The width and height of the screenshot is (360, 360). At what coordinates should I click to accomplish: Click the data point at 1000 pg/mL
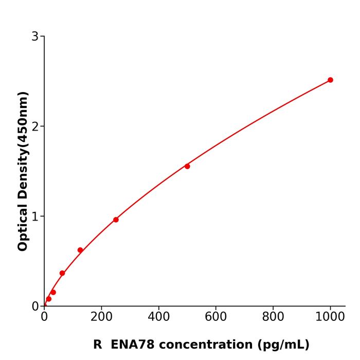point(330,80)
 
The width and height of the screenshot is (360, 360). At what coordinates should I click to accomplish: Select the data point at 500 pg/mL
point(187,166)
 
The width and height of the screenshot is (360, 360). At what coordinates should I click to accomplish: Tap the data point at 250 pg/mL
point(116,220)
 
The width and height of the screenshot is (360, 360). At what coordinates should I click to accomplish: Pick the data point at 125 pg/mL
point(80,250)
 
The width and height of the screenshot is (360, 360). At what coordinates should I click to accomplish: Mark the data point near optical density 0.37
point(62,273)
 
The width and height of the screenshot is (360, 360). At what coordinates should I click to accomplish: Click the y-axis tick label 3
point(35,37)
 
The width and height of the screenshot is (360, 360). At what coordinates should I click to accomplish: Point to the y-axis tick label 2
point(35,127)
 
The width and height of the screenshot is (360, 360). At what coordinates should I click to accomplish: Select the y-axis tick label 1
point(35,217)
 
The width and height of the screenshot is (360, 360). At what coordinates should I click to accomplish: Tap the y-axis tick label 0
point(35,307)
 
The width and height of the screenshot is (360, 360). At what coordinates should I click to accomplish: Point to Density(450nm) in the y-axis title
point(23,145)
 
